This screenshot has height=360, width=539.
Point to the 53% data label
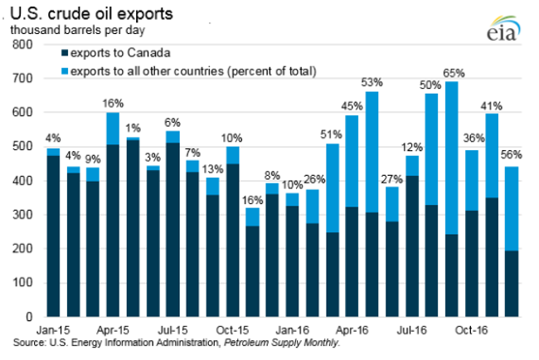coord(372,82)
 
